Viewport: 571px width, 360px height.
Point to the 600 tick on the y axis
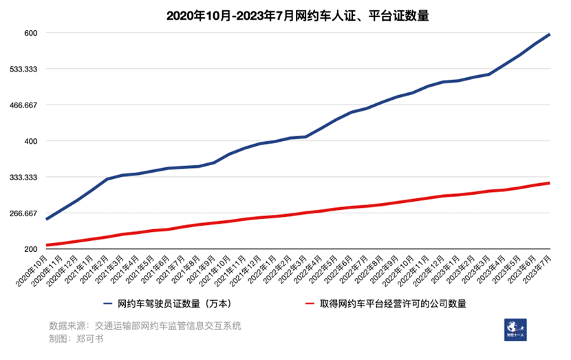[31, 33]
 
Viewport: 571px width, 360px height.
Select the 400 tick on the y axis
[31, 141]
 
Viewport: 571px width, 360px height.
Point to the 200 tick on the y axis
[31, 249]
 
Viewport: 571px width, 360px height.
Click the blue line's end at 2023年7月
[549, 34]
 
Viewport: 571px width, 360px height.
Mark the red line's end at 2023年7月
[549, 182]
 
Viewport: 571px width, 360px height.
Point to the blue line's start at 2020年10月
[47, 219]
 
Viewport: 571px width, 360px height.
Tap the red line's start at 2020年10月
[47, 245]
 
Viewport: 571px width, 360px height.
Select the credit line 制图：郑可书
[76, 339]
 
